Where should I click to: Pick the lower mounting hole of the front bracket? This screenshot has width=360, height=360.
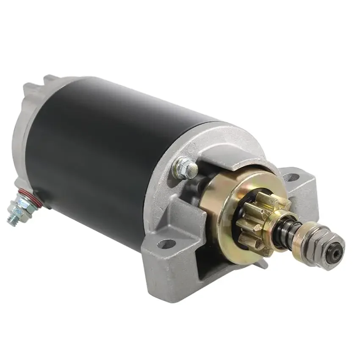click(x=166, y=244)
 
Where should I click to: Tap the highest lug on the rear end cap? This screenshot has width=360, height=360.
click(x=50, y=79)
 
